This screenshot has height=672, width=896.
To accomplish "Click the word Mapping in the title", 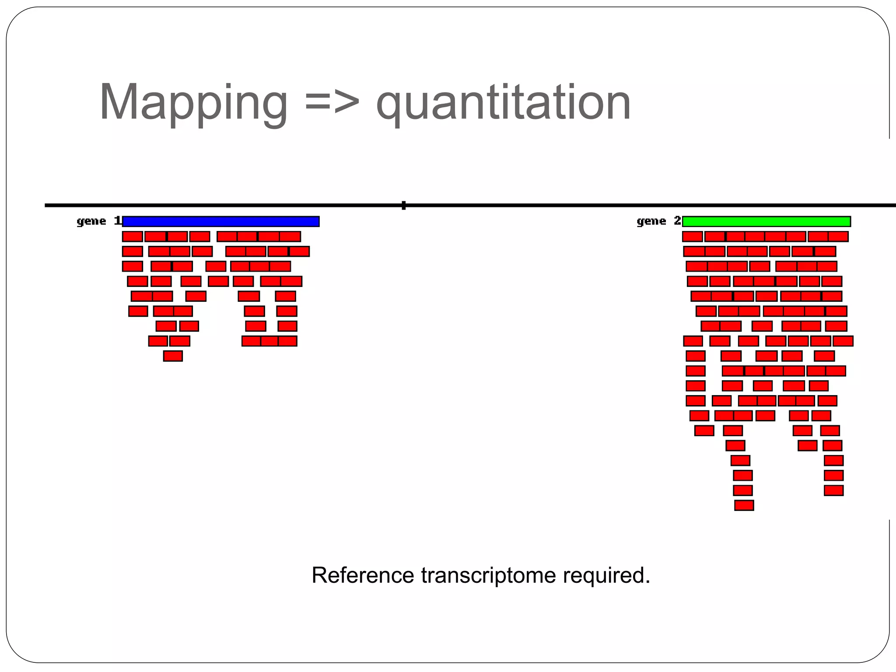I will [193, 103].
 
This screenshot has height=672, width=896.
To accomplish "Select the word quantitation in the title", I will [503, 103].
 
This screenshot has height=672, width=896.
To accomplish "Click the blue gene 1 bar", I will [221, 221].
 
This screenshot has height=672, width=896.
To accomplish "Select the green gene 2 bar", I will [766, 221].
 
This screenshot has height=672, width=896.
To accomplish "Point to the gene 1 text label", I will [98, 221].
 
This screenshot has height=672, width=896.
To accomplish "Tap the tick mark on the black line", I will [403, 205].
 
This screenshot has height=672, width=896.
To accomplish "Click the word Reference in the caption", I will [363, 575].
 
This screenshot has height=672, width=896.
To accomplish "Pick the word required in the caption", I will [606, 575].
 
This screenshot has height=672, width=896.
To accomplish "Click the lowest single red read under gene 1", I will [173, 356].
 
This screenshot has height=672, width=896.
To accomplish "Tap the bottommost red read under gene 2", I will [744, 505].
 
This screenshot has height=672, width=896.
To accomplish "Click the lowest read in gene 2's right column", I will [833, 490].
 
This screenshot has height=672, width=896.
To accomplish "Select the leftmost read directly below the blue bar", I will [132, 237].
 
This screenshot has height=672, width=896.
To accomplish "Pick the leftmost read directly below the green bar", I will [692, 237].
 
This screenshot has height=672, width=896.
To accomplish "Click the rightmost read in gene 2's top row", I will [838, 237].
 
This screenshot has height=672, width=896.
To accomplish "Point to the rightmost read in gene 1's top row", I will [290, 237].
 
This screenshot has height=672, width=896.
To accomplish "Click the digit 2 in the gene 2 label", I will [677, 220].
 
